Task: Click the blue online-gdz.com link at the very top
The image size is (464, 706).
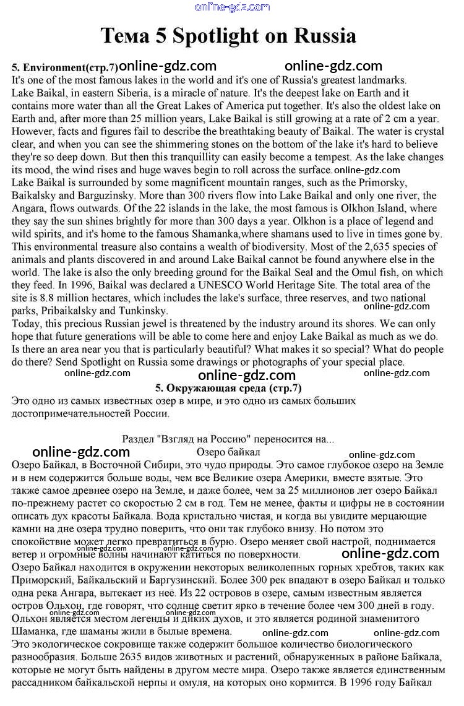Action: pos(232,7)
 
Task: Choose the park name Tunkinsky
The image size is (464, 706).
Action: pos(142,311)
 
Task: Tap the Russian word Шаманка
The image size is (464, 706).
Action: pos(34,631)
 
